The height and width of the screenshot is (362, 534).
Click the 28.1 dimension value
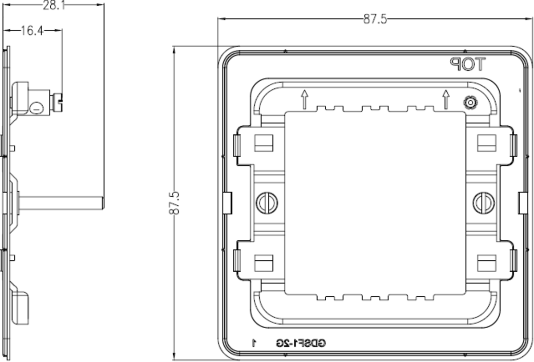53,5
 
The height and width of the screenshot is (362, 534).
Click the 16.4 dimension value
32,31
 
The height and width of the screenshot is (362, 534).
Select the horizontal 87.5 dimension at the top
375,19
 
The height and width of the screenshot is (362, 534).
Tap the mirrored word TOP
467,65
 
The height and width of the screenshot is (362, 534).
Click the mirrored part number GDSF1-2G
301,343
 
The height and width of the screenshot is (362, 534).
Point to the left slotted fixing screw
267,203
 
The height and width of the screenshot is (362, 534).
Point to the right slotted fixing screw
483,203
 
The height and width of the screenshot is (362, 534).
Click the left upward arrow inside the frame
305,99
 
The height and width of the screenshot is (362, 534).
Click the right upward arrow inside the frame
445,99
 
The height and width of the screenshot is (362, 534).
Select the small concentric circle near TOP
470,103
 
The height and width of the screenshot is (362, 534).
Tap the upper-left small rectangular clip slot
263,143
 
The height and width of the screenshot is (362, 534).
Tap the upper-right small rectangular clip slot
486,143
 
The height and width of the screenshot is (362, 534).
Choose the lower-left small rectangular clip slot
263,263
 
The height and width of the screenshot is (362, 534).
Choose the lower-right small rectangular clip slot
486,263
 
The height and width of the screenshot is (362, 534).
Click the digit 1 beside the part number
254,343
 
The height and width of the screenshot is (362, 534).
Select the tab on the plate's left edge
227,203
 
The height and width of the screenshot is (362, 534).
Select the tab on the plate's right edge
523,203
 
